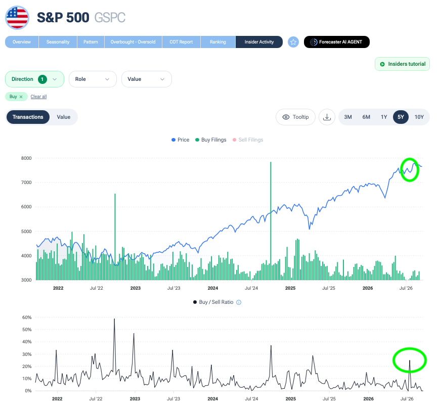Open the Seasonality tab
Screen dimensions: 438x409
[58, 42]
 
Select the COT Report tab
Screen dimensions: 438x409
[181, 42]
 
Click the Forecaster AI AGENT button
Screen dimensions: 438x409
[337, 42]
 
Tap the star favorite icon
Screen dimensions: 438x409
[293, 42]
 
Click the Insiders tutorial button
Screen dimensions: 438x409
[402, 64]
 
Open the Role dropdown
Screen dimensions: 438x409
[93, 79]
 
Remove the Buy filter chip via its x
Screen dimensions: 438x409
[21, 97]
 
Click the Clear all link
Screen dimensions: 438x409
[38, 97]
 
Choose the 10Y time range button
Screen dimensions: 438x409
[419, 117]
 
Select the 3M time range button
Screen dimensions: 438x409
[348, 117]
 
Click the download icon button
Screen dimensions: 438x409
[327, 117]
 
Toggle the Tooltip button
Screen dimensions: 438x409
[295, 117]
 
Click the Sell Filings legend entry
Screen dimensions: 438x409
[248, 140]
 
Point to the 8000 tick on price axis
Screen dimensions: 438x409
[26, 158]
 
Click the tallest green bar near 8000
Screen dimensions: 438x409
[271, 220]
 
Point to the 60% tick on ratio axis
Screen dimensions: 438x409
[27, 317]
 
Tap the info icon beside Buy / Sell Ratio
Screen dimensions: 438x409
[239, 302]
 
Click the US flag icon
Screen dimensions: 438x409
[17, 18]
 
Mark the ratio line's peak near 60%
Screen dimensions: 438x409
[114, 319]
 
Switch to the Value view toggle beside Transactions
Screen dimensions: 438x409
[64, 117]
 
